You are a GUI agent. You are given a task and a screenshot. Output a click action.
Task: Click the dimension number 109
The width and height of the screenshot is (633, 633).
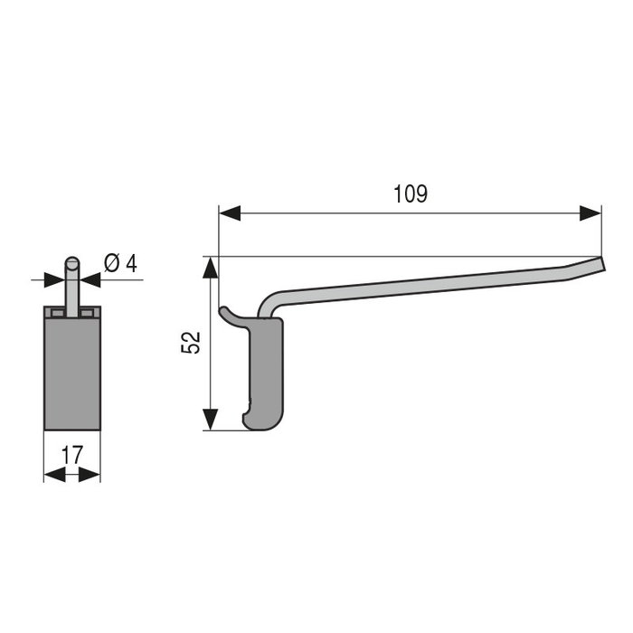click(411, 194)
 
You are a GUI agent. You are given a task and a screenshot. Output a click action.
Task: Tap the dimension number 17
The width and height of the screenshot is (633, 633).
click(72, 454)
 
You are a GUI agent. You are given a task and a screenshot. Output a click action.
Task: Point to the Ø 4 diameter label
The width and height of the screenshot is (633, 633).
click(120, 263)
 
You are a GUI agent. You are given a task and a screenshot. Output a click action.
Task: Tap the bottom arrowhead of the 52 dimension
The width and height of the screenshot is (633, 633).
click(210, 420)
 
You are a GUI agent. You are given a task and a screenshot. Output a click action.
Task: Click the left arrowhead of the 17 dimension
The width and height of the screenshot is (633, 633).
click(53, 474)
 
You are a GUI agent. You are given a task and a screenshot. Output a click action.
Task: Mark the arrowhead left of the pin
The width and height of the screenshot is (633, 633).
click(55, 279)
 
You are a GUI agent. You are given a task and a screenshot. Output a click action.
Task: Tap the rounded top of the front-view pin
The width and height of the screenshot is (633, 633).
click(71, 263)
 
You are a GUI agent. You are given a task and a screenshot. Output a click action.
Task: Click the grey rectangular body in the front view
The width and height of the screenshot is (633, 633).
click(71, 371)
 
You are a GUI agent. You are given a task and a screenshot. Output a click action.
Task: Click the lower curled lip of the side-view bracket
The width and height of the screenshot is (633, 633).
click(248, 420)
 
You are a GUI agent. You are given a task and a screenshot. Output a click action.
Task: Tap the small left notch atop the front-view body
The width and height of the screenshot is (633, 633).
click(57, 312)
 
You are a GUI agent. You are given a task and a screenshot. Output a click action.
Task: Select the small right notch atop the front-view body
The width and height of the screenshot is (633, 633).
click(87, 312)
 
